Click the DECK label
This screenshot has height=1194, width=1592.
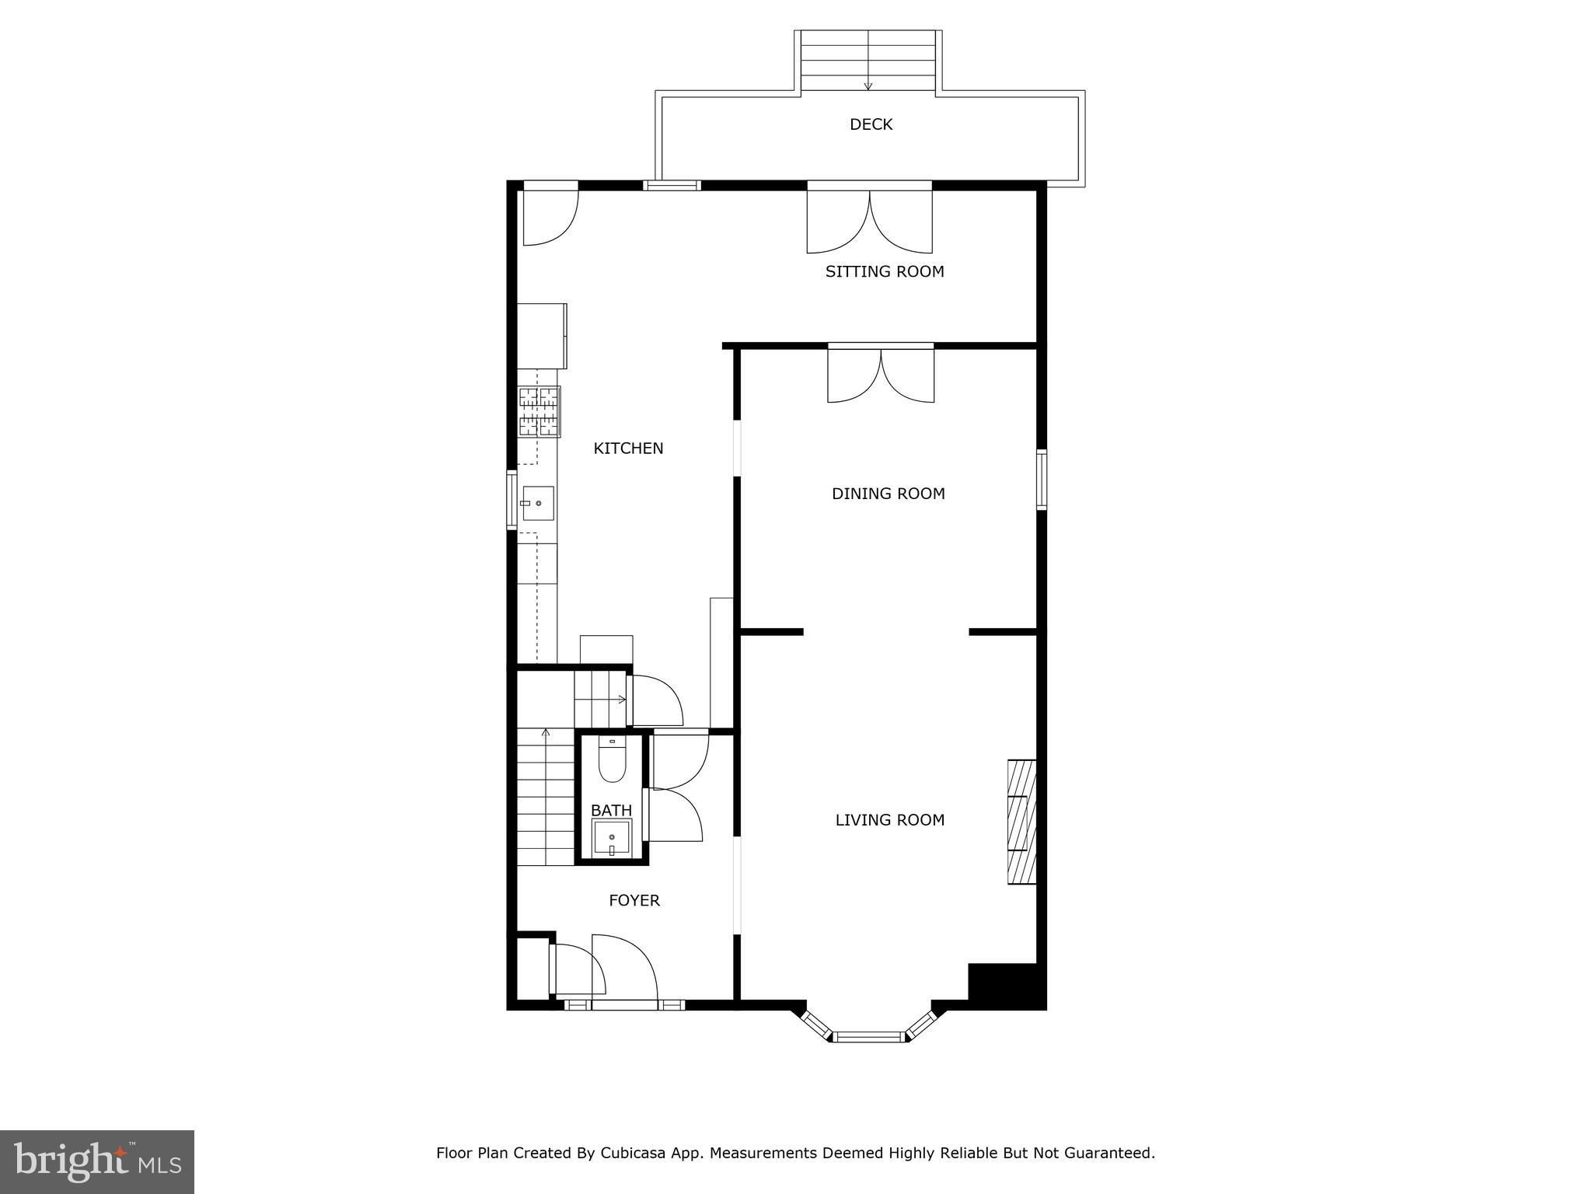[x=871, y=124]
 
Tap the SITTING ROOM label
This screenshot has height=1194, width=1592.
[x=885, y=271]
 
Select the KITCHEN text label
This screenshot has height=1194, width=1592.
[x=628, y=448]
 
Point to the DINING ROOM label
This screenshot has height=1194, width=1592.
[x=889, y=494]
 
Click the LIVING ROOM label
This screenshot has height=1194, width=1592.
[x=890, y=819]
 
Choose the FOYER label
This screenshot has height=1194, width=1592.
[x=634, y=900]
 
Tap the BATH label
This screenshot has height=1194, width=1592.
[x=611, y=811]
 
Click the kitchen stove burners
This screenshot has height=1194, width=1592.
[x=539, y=412]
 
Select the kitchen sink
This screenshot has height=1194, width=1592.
[x=537, y=503]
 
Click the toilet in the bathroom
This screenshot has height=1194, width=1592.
[x=613, y=759]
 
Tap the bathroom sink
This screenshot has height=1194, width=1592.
[x=612, y=838]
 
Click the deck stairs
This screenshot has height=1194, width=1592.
[x=868, y=62]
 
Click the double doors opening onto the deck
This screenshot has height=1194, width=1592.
[x=870, y=219]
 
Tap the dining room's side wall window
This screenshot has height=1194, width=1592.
[x=1042, y=480]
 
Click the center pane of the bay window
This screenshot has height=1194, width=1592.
[x=869, y=1036]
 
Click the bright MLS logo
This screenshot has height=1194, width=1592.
[x=97, y=1162]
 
